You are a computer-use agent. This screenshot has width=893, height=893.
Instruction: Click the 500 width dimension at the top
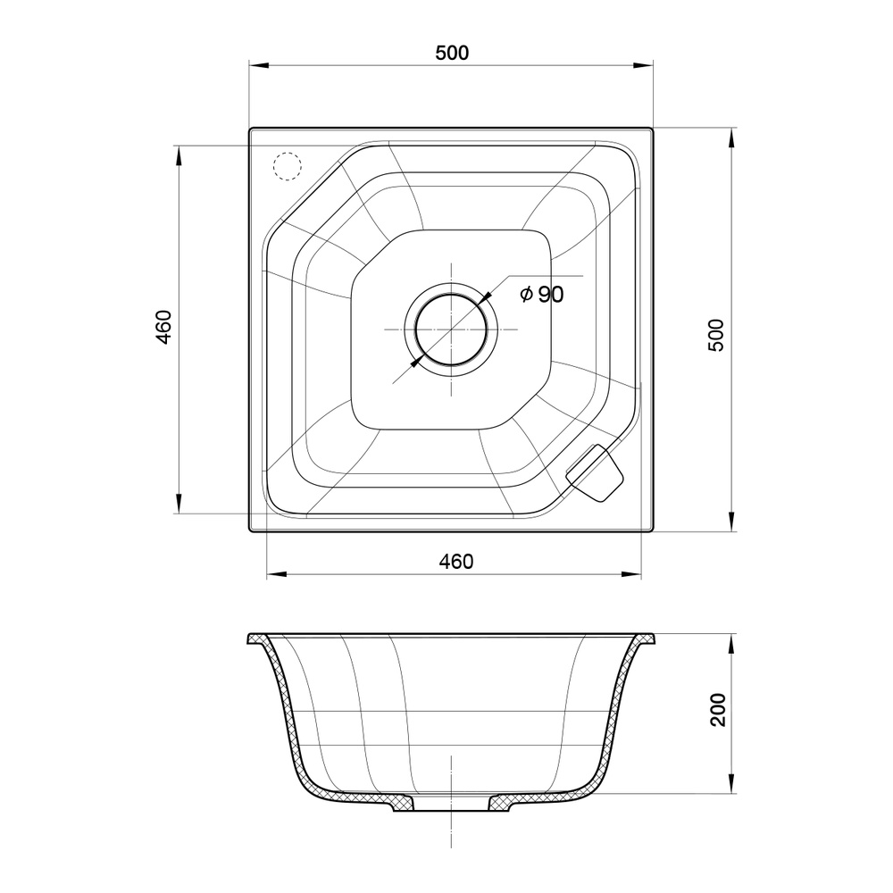tap(452, 53)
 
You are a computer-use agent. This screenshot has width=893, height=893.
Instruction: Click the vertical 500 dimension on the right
tap(716, 335)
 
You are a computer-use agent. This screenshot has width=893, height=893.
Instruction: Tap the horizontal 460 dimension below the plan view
tap(456, 562)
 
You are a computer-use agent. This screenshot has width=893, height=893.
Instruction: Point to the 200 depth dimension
tap(719, 710)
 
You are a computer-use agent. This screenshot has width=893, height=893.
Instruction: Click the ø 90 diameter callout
tap(542, 294)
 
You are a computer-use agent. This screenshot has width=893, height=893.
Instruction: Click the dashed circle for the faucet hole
tap(287, 166)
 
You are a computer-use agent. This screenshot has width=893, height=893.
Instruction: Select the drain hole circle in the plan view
tap(451, 330)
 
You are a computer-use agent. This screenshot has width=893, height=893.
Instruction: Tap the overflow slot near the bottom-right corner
tap(595, 472)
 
